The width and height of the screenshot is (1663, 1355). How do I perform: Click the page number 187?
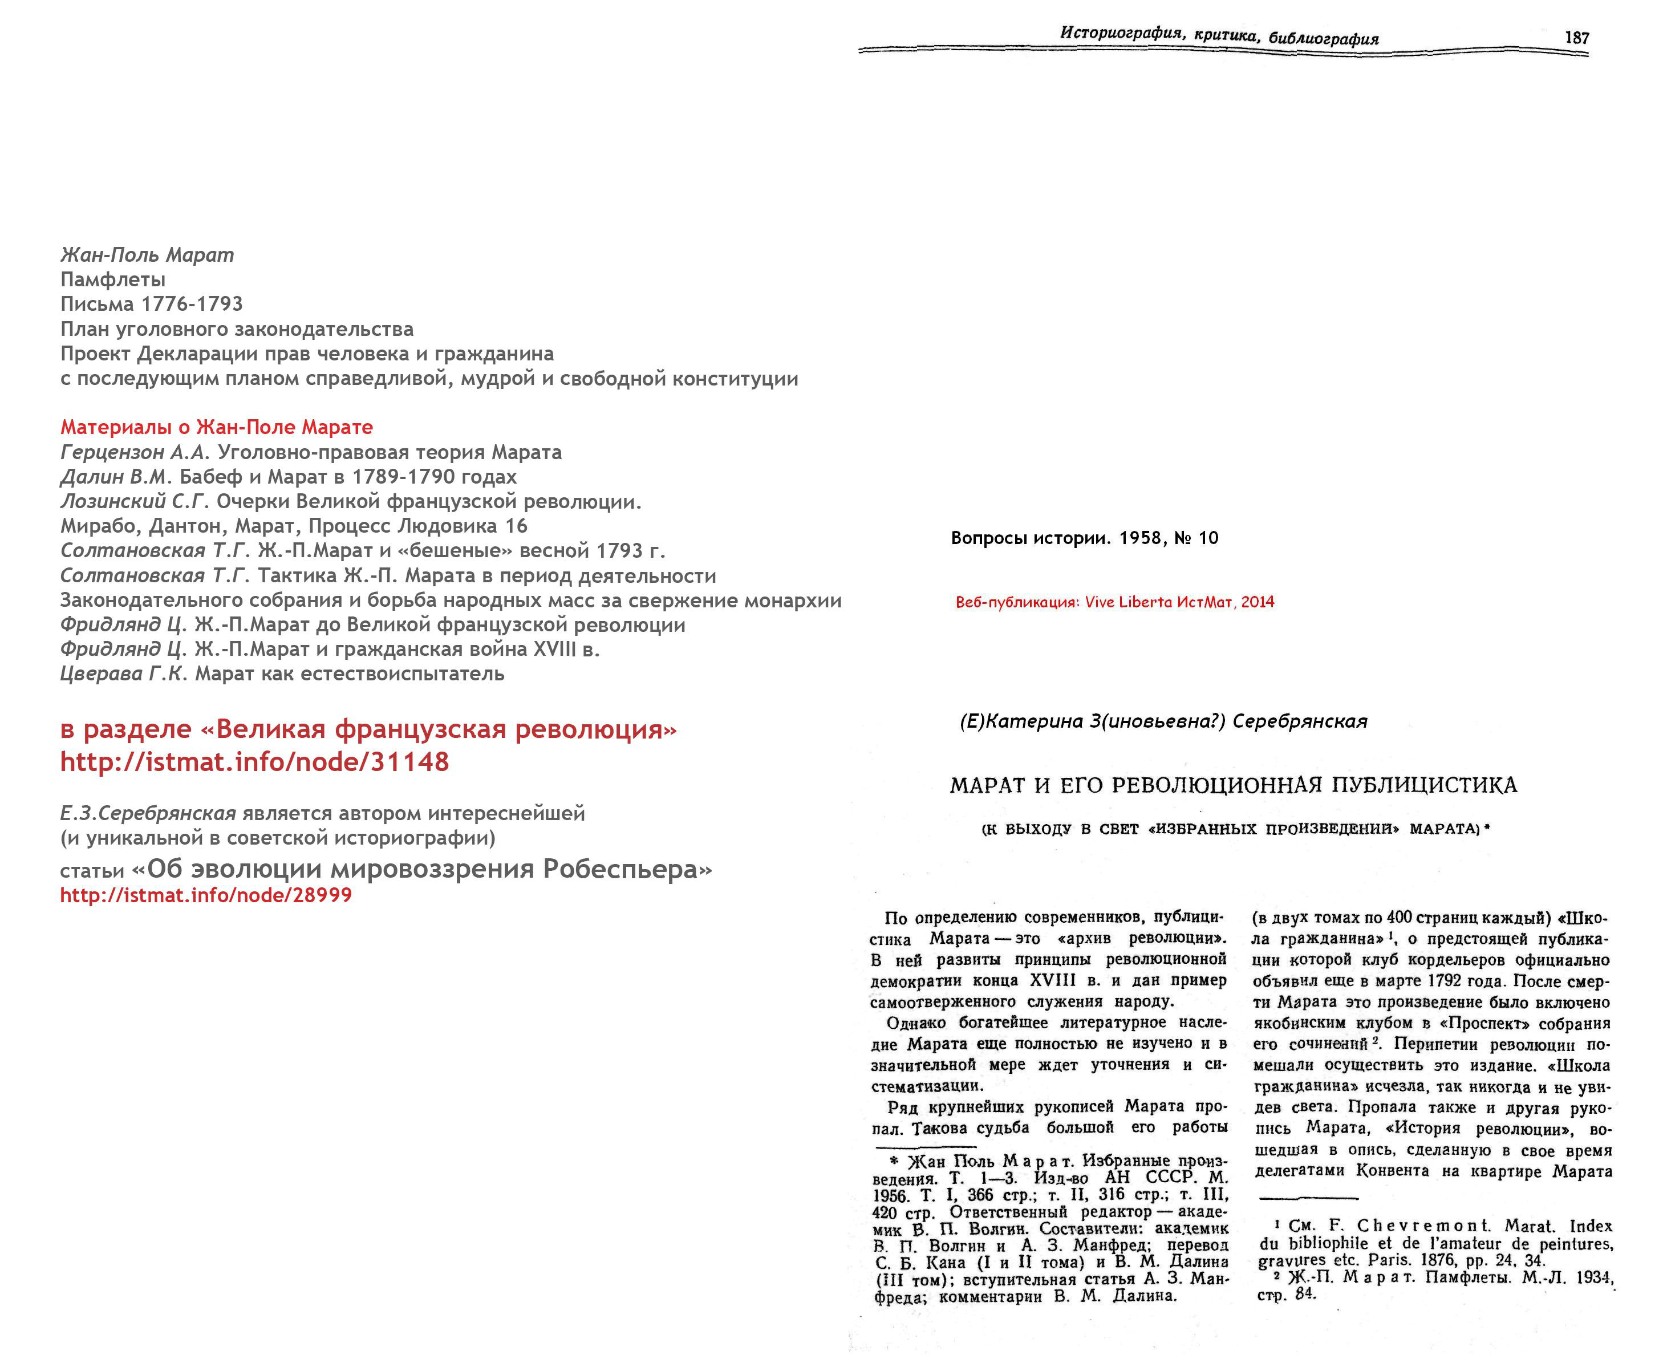(1576, 38)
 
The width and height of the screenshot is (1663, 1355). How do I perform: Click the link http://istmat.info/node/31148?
(254, 762)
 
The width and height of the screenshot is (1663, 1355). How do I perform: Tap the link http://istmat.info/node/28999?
(206, 895)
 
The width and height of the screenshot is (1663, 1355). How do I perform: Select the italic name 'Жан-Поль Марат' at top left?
(147, 255)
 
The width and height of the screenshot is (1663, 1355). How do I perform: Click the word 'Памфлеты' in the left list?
(113, 279)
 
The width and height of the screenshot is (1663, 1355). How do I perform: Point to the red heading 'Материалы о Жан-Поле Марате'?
(217, 427)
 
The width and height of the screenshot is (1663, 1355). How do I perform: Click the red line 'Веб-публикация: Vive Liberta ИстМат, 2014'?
(1114, 602)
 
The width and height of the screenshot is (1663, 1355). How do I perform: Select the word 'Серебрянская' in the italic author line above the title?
(1299, 721)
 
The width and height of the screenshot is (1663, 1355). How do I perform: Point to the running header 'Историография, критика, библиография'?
(1219, 35)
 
